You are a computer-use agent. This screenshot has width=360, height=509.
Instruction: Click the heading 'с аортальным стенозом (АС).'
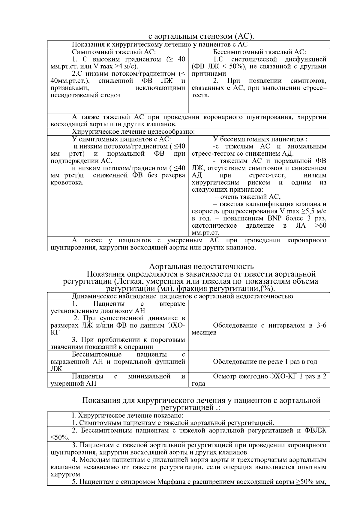201,37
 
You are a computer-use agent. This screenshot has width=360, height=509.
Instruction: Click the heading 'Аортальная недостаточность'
201,266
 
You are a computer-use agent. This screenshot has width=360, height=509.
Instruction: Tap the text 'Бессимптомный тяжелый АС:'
259,52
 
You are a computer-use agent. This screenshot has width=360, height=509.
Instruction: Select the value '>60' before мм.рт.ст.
320,226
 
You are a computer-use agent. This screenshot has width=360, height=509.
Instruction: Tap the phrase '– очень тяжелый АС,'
248,197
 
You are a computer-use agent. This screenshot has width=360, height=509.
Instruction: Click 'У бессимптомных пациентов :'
260,139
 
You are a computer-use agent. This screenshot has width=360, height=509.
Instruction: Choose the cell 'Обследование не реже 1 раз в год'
265,362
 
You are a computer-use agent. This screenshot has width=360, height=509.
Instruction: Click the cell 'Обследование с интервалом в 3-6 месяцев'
259,329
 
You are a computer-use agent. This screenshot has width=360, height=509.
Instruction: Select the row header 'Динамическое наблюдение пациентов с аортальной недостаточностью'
182,296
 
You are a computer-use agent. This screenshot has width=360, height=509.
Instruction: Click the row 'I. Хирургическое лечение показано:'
127,416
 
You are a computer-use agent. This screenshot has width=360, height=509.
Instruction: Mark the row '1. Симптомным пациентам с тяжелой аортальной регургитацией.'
173,423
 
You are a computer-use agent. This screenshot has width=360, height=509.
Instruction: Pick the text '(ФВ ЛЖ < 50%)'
219,67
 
